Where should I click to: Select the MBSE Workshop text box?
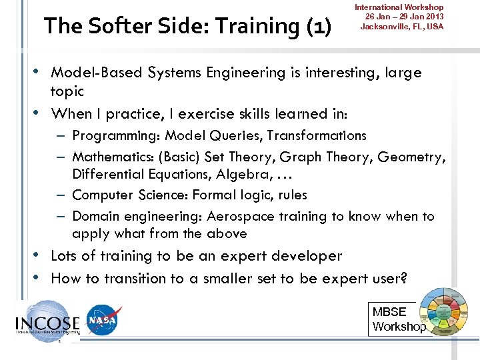pyautogui.click(x=398, y=319)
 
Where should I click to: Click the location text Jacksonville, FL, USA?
pyautogui.click(x=401, y=27)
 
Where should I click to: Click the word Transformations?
pyautogui.click(x=317, y=136)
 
